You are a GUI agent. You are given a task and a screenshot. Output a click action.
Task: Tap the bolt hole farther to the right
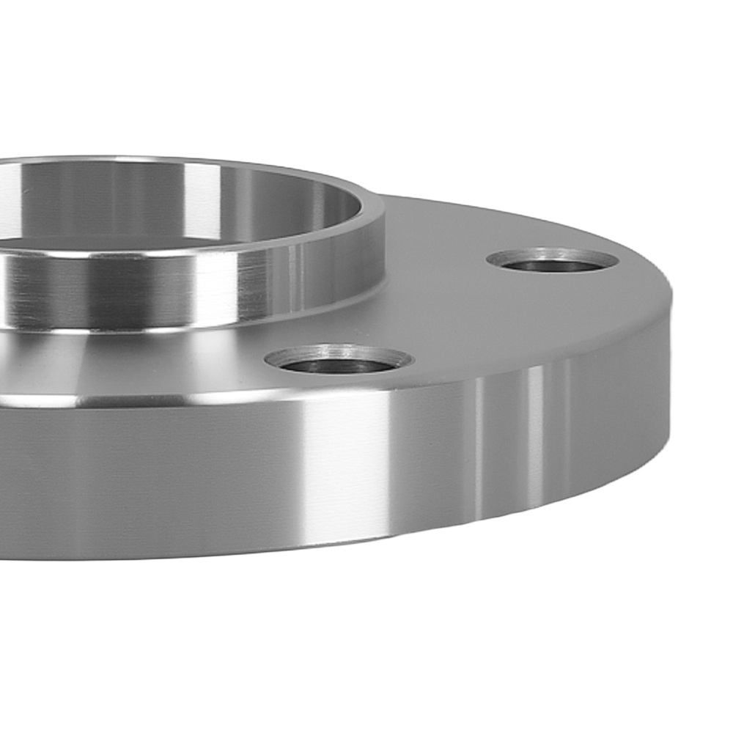click(x=552, y=260)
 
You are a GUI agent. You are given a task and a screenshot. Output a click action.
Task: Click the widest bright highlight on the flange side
click(x=345, y=469)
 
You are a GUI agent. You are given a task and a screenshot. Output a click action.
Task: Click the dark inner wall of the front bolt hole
click(x=339, y=364)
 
